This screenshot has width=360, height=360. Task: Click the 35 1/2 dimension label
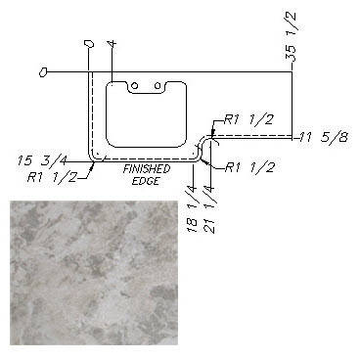tap(291, 36)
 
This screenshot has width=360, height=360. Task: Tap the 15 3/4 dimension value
tap(43, 161)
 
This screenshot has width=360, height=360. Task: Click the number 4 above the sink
tap(112, 44)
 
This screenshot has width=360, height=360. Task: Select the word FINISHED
tap(147, 169)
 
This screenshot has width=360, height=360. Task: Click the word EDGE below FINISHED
tap(146, 181)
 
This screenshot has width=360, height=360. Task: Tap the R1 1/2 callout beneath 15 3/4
tap(52, 178)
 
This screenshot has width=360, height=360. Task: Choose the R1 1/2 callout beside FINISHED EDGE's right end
tap(249, 168)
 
